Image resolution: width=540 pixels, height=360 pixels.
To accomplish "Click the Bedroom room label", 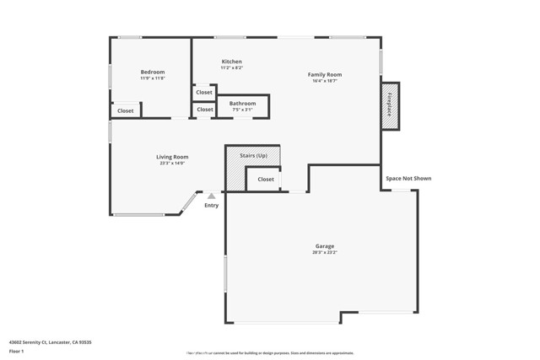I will tap(153, 72).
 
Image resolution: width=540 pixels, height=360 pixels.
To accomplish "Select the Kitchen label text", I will tap(231, 62).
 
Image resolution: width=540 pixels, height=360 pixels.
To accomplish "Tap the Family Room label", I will tap(325, 74).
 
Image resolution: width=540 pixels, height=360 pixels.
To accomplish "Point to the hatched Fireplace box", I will tap(390, 105).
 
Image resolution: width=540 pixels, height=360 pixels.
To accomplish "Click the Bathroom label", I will tap(242, 104).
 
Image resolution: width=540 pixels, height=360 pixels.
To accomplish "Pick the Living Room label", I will tap(172, 157).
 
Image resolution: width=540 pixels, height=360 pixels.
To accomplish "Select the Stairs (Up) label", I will tap(253, 156).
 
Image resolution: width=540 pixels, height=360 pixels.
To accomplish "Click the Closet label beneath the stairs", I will tap(266, 179).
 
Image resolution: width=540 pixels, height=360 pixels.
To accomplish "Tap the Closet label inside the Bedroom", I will tap(125, 110).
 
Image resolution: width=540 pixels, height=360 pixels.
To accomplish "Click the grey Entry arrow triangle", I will tap(212, 196).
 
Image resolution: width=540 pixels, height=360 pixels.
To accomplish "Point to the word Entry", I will tap(211, 206).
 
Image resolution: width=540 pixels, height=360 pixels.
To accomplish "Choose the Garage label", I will tap(325, 246).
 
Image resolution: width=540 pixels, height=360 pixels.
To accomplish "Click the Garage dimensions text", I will tap(325, 253).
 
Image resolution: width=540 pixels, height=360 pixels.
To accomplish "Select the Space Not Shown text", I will tap(408, 178).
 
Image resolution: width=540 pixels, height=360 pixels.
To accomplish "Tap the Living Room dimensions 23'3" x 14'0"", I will tap(172, 164).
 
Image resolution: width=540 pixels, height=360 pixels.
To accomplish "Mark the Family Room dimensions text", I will tap(325, 81).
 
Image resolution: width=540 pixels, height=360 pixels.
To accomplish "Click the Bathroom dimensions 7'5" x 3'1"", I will tap(242, 110).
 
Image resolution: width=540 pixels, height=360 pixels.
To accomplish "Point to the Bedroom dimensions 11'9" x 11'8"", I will tap(153, 78).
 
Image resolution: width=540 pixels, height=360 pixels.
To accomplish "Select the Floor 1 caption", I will tap(17, 351).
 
